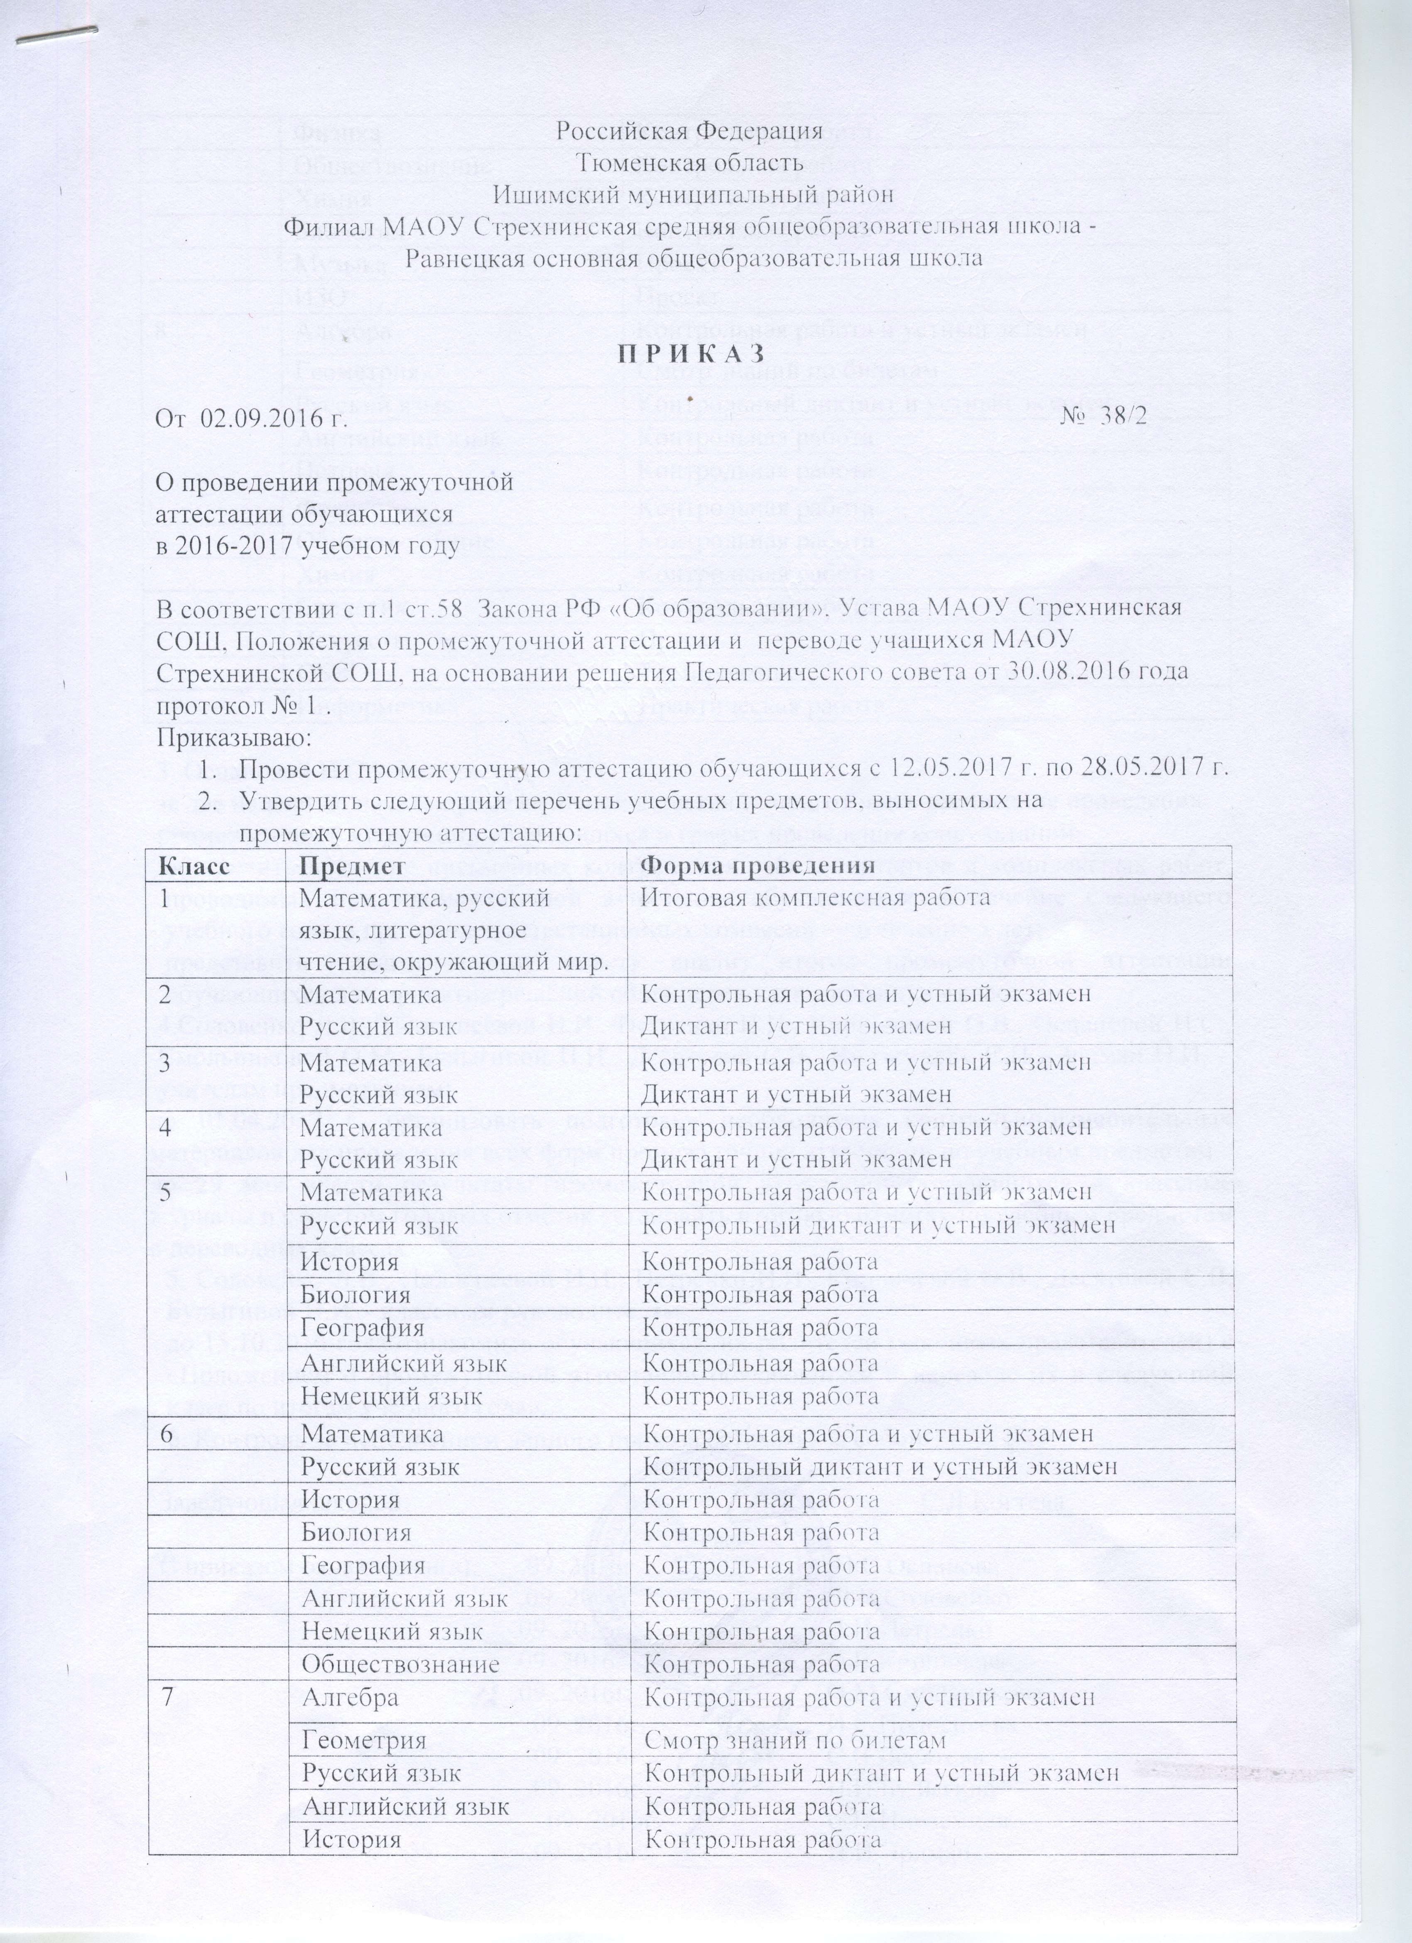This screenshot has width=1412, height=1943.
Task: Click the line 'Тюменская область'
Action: [x=690, y=162]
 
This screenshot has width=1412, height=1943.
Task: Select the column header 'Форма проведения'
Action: [x=758, y=865]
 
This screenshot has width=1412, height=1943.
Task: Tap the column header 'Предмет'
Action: [x=352, y=865]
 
